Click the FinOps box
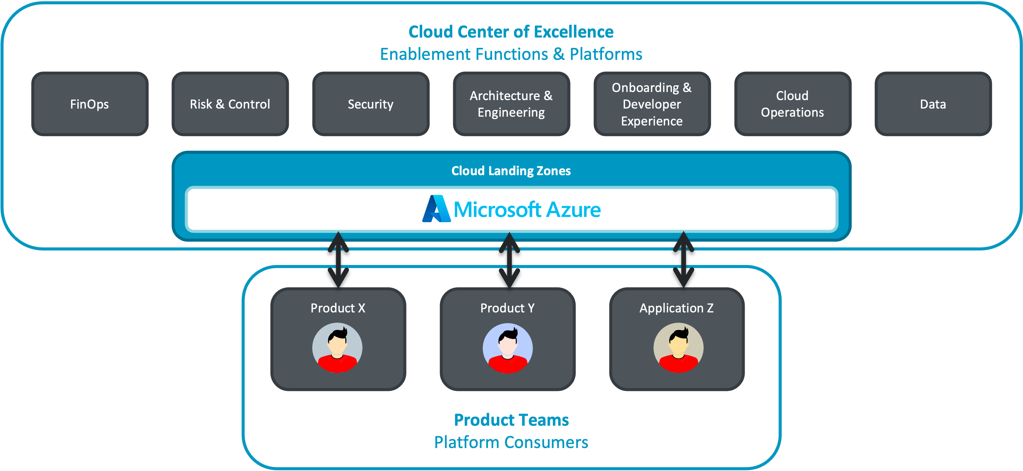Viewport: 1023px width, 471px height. click(90, 104)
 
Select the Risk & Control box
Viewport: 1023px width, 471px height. click(230, 104)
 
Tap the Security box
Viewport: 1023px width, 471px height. click(371, 104)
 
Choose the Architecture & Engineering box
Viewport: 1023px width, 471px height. click(511, 104)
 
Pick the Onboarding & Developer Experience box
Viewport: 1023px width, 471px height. click(652, 104)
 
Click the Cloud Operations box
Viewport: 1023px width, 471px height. click(792, 104)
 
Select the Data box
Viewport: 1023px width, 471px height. click(933, 104)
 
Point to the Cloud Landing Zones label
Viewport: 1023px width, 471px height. click(511, 171)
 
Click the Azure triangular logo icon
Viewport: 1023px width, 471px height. click(436, 209)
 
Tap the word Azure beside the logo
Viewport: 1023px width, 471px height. click(573, 210)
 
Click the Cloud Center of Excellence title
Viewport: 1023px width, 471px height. click(511, 32)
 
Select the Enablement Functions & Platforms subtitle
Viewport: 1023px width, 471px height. click(511, 54)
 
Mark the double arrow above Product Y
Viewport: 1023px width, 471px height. click(509, 260)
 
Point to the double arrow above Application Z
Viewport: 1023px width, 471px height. click(683, 260)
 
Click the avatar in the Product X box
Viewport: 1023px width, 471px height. click(337, 348)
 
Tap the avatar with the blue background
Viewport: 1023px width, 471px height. click(508, 348)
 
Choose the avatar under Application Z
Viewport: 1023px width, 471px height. click(678, 348)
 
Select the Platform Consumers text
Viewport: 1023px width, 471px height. click(511, 442)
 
